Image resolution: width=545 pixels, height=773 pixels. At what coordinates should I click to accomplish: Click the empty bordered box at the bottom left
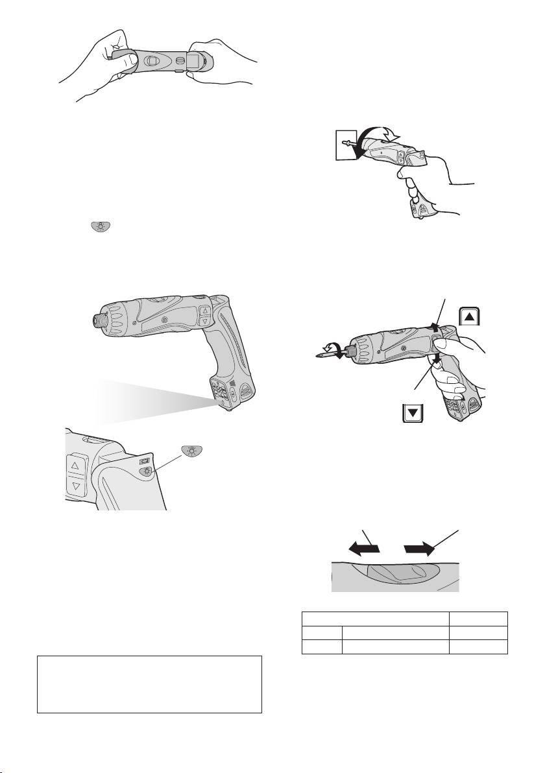[x=149, y=684]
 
